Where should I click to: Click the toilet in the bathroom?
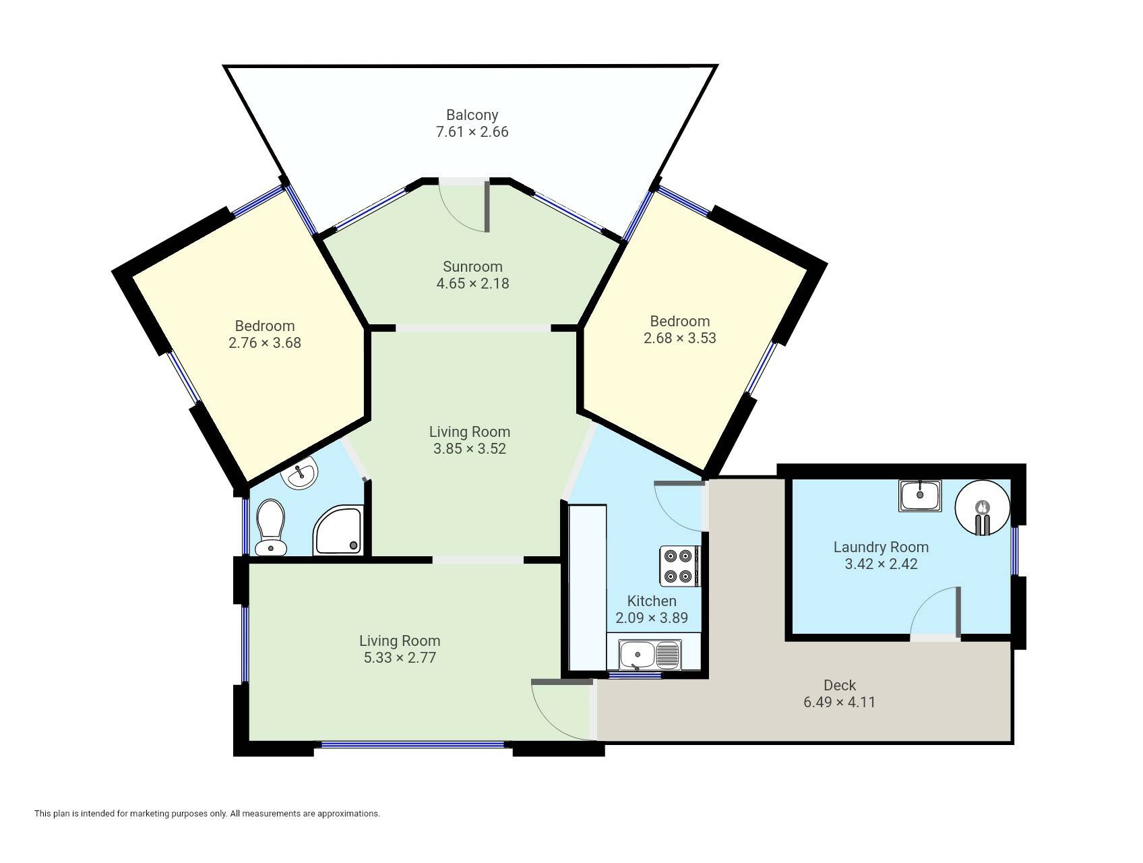click(x=271, y=527)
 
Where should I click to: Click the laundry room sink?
click(x=920, y=496)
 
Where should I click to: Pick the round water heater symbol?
click(x=983, y=508)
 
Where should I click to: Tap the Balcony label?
click(x=472, y=115)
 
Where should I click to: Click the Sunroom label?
click(x=472, y=266)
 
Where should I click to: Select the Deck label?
click(x=840, y=685)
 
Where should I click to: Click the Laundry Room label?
click(x=881, y=547)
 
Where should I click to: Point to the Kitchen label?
click(x=652, y=601)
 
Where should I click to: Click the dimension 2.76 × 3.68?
click(x=265, y=343)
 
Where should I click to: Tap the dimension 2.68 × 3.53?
click(x=680, y=338)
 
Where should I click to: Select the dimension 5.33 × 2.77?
click(x=400, y=657)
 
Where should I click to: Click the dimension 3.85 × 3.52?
click(x=470, y=448)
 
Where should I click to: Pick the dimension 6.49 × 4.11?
click(x=840, y=702)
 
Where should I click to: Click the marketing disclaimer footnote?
click(x=207, y=814)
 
